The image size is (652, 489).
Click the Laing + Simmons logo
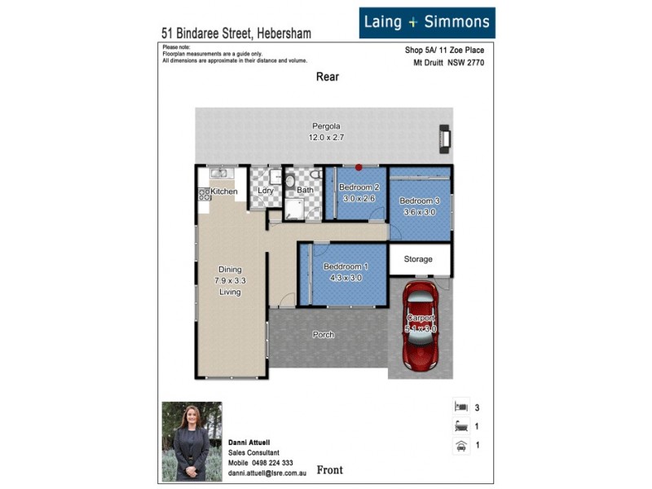[x=427, y=23]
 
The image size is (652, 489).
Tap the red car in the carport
[x=421, y=326]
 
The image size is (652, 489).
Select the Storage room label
[x=417, y=259]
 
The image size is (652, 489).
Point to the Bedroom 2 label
[x=357, y=187]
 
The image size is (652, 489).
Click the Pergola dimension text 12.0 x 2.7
[x=326, y=138]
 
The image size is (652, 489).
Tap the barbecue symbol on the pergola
[x=444, y=139]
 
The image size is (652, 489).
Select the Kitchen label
[x=224, y=192]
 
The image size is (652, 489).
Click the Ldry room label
[x=265, y=192]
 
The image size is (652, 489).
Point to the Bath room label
[x=305, y=191]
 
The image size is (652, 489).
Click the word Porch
[x=324, y=334]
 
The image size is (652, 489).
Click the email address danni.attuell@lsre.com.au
[x=266, y=472]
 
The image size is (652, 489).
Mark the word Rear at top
[x=327, y=77]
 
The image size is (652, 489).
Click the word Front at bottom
[x=329, y=470]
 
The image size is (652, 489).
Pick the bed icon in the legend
[x=460, y=407]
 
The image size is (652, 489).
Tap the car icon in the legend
[x=460, y=445]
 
